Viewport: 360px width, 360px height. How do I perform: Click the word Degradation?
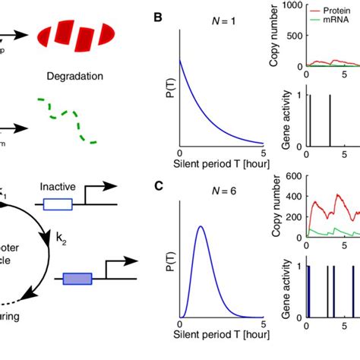pyautogui.click(x=74, y=76)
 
